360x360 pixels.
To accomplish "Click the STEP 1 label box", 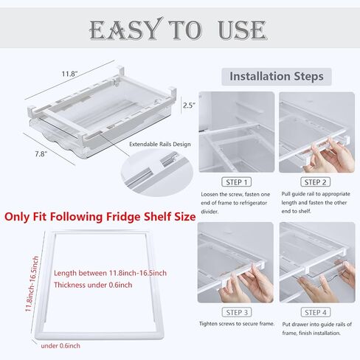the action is (x=237, y=182).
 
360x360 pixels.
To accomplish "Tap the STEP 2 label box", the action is (x=315, y=182).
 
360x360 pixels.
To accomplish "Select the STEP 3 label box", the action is (x=237, y=312).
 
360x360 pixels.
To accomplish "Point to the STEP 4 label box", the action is (x=316, y=312).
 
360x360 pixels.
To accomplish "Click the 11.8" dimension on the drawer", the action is (x=69, y=74).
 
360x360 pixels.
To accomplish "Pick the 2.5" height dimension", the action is (x=189, y=105).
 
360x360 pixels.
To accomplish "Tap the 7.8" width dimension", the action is (x=41, y=154).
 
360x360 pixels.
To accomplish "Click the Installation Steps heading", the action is (x=277, y=76).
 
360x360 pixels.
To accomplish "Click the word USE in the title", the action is (x=242, y=30).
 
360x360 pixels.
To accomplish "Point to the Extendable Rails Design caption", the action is (x=160, y=145).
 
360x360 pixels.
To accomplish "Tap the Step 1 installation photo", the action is (x=237, y=132).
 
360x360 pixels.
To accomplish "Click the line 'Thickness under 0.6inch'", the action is (x=93, y=285).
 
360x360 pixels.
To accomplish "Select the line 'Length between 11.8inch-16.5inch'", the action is (x=110, y=273).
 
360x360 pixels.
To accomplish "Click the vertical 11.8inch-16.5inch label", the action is (x=32, y=284).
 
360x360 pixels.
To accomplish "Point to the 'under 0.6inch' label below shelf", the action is (x=60, y=346).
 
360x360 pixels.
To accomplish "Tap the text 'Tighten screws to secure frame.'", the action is (x=237, y=324).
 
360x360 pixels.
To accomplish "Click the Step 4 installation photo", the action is (x=317, y=263).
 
